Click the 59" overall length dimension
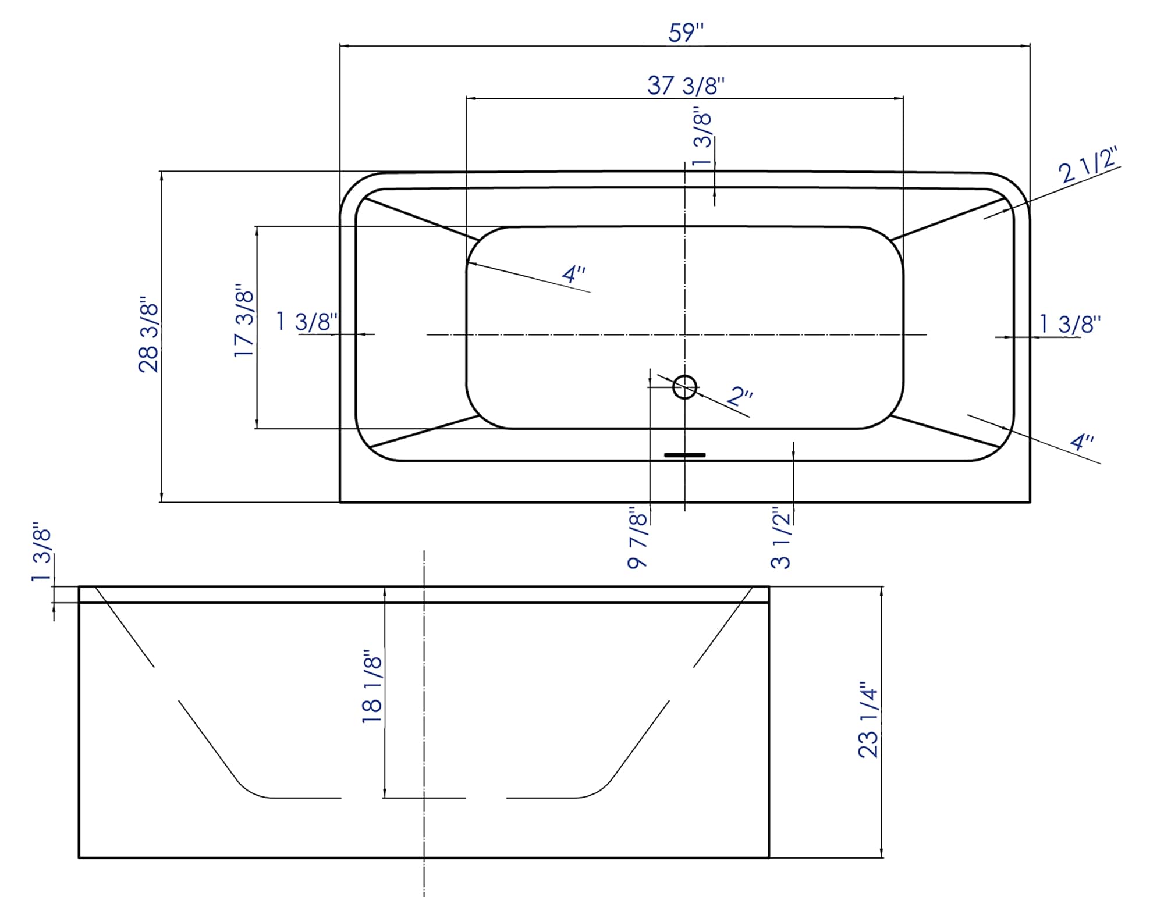[686, 33]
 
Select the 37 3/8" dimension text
[686, 86]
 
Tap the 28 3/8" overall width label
[148, 337]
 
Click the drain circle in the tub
[684, 387]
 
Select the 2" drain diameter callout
[740, 398]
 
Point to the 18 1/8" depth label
[372, 686]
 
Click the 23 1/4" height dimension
[868, 720]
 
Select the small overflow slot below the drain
[684, 455]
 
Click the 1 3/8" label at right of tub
[1070, 325]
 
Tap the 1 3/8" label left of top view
[307, 321]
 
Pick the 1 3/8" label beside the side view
[42, 555]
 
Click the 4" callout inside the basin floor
[573, 274]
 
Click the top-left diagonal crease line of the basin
[423, 219]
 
